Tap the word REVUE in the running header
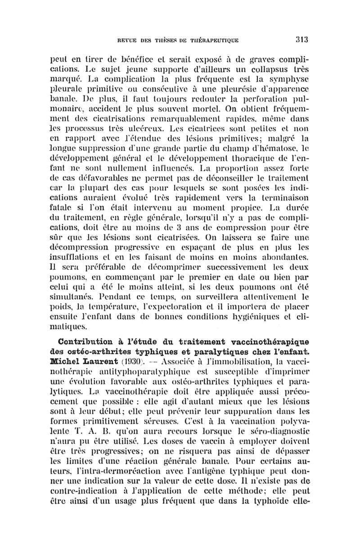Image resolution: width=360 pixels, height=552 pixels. pos(129,40)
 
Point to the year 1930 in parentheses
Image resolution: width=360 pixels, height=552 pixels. pos(133,361)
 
